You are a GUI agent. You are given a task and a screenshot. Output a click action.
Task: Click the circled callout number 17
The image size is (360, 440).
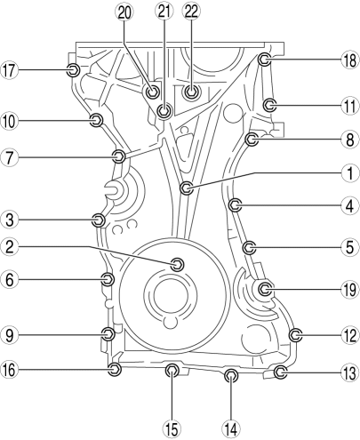point(9,70)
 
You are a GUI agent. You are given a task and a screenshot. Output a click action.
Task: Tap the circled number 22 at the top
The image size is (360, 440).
point(191,12)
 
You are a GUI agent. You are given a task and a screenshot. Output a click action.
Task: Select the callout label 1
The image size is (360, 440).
point(350,173)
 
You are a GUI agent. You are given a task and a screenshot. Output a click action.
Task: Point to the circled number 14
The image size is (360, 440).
point(231,428)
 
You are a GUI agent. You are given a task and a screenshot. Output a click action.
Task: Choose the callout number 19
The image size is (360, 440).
point(350,289)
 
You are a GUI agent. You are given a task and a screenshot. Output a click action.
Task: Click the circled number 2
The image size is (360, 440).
point(10,246)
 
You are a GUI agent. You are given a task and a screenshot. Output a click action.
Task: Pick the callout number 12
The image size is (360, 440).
point(350,335)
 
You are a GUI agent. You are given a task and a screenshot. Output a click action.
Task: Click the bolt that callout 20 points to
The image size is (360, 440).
point(153,92)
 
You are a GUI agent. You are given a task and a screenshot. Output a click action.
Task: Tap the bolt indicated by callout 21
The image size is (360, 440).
point(164,111)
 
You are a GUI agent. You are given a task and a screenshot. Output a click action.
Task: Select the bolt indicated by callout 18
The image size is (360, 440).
point(264,60)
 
